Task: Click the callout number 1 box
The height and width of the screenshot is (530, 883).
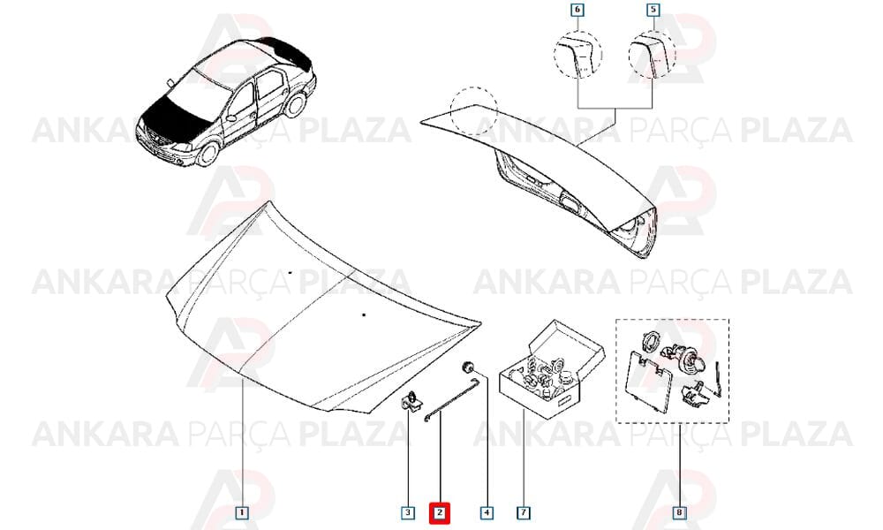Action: [x=242, y=512]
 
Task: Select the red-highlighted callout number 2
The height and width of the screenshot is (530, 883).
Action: [x=439, y=512]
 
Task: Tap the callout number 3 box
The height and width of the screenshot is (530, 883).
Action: [x=408, y=512]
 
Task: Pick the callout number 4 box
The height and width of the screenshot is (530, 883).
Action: [x=487, y=512]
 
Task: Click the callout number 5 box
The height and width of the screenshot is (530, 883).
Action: [x=653, y=10]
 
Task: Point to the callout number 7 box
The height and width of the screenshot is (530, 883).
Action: [x=523, y=512]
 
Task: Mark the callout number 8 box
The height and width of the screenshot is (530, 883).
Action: [x=680, y=512]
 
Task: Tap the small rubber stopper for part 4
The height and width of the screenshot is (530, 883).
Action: [x=467, y=367]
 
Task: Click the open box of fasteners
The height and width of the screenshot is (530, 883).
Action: [x=552, y=369]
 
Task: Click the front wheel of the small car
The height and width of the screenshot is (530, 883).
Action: [x=208, y=153]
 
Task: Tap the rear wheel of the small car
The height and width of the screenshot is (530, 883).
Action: [x=295, y=105]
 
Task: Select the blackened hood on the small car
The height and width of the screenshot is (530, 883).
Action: [x=169, y=113]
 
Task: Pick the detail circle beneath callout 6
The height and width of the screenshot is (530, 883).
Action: [x=577, y=55]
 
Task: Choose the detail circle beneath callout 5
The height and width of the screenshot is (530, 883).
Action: [x=652, y=55]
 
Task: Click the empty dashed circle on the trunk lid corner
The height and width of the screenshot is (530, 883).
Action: [x=474, y=111]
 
